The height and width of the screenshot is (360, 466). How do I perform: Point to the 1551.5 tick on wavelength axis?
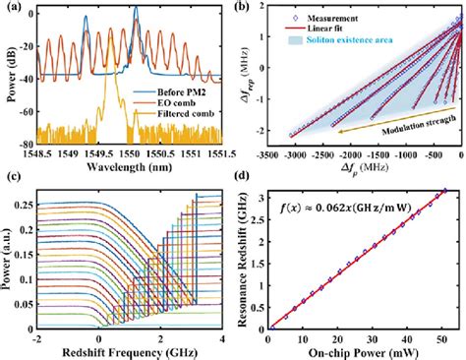pyautogui.click(x=220, y=153)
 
